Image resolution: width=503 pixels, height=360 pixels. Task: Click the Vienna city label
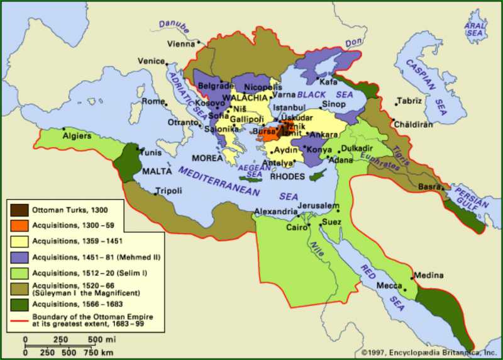coord(180,44)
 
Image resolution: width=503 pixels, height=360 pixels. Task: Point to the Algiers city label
coord(77,135)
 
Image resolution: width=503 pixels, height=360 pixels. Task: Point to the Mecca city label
coord(389,286)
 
